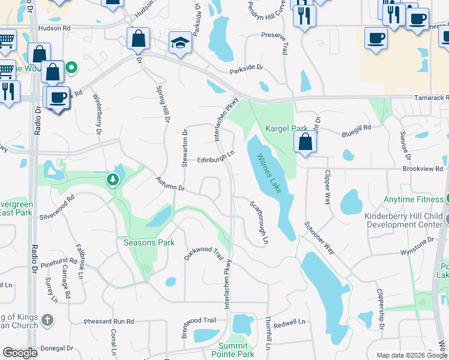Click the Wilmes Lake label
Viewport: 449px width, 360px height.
(x=270, y=174)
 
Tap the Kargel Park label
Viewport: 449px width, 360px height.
(x=286, y=128)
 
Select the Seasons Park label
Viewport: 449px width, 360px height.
(x=149, y=242)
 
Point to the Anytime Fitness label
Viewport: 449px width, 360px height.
(x=414, y=200)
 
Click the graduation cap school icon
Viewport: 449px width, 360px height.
(x=179, y=42)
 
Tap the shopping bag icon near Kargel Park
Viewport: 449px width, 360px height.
(x=306, y=142)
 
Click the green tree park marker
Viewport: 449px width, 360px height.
(x=112, y=179)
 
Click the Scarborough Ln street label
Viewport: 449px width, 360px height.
(x=258, y=221)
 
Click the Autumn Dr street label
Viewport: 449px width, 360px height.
(x=170, y=184)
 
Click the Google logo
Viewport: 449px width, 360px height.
(x=20, y=353)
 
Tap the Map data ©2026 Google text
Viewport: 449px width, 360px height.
(x=411, y=355)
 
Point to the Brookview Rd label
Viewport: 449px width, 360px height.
(x=423, y=170)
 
